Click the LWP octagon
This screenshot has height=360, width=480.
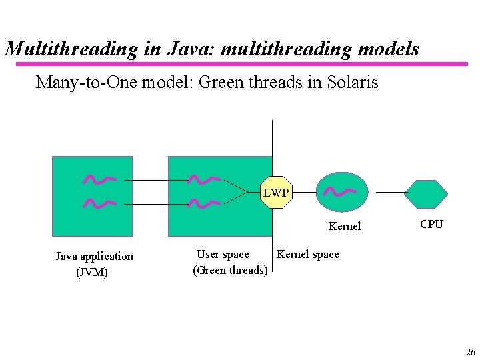[276, 193]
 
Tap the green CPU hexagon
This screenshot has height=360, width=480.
[426, 194]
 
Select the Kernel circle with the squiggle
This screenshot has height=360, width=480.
[341, 192]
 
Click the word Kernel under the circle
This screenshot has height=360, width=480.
[344, 227]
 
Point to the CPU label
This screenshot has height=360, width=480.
[431, 224]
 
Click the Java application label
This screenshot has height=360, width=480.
[94, 257]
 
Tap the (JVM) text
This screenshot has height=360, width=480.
[92, 272]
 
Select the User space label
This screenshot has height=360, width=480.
[223, 255]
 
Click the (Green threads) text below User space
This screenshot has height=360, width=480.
[230, 270]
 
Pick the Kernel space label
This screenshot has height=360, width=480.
[307, 254]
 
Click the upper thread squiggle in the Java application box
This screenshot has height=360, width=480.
[99, 179]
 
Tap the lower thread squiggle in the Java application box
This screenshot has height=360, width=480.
[99, 203]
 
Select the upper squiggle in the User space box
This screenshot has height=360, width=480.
[204, 179]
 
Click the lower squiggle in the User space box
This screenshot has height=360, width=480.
[204, 203]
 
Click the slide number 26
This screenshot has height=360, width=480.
[470, 352]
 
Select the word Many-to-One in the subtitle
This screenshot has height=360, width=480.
[81, 83]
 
